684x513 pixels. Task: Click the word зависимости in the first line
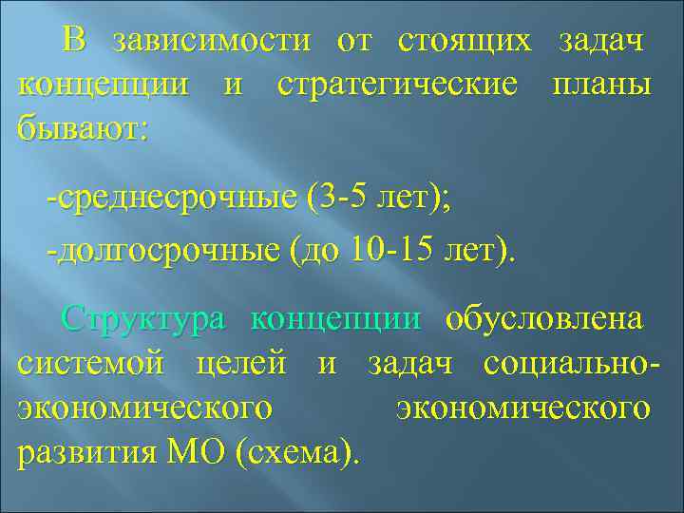(211, 42)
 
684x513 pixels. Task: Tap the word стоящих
(465, 42)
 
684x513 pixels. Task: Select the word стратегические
(398, 84)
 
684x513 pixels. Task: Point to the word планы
(600, 84)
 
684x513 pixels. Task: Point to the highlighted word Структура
(143, 320)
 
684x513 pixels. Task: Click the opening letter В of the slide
(75, 42)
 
